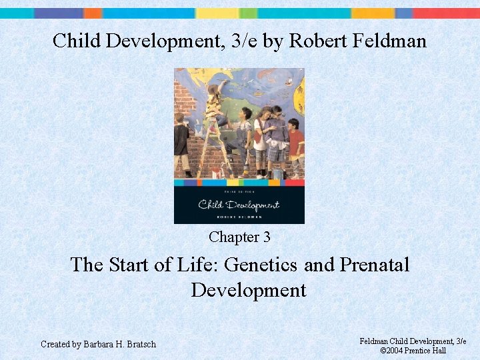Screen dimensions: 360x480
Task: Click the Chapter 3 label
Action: click(239, 237)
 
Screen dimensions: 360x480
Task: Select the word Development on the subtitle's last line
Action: click(248, 290)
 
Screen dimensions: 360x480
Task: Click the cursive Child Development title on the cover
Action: click(239, 205)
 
